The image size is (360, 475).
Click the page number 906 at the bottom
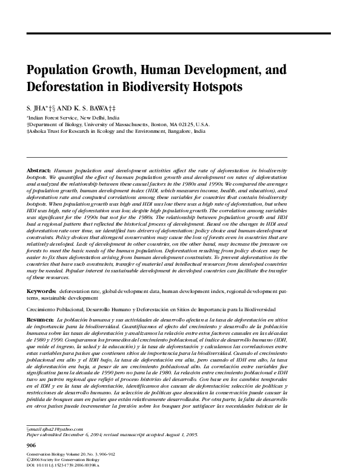click(33, 446)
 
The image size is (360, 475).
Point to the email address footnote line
click(52, 429)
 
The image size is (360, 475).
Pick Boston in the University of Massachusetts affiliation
click(170, 123)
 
